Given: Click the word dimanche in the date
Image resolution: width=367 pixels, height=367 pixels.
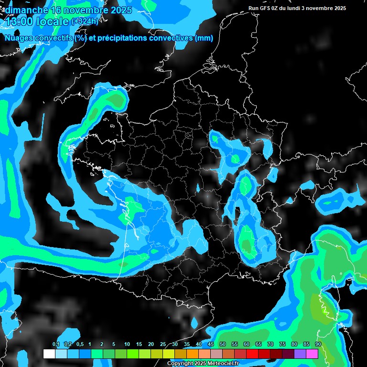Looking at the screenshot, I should [26, 10].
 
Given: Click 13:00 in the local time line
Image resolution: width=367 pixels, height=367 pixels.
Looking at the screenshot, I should [19, 22].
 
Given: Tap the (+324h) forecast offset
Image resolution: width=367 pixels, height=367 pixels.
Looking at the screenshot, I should [85, 22].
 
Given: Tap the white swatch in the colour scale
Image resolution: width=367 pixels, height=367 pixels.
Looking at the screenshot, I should [49, 354].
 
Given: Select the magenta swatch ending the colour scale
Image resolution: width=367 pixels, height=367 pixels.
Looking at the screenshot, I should [312, 354].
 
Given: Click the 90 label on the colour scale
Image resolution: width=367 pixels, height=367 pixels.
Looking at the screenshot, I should [318, 344].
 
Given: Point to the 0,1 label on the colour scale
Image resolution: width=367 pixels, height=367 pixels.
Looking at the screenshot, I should [56, 344].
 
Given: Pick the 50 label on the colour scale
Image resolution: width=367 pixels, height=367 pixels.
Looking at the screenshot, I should [223, 344].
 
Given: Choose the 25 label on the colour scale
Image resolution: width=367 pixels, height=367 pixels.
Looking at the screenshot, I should [162, 344].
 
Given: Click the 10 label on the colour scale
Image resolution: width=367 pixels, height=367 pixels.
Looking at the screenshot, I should [127, 344].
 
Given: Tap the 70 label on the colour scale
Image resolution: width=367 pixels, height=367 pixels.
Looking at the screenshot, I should [270, 344].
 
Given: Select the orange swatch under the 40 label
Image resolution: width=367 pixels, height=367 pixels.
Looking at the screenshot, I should [193, 354].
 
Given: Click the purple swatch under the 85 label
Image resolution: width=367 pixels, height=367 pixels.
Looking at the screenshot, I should [300, 354].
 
